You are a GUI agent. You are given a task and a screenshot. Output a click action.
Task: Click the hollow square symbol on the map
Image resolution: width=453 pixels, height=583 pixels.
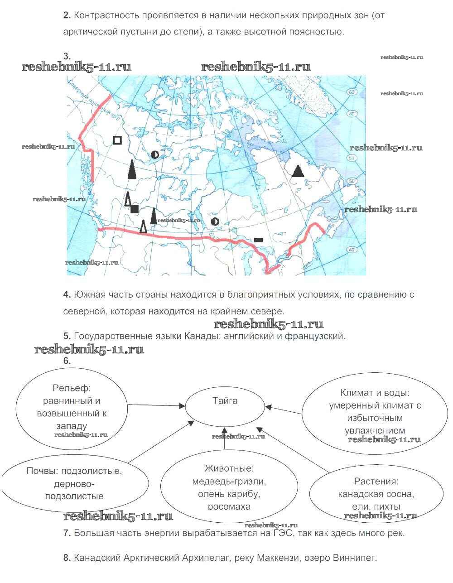pyautogui.click(x=117, y=140)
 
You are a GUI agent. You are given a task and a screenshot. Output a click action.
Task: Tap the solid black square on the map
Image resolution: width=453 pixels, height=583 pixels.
pyautogui.click(x=135, y=209)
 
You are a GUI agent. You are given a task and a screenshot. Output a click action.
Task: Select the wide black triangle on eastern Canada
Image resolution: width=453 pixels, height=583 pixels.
pyautogui.click(x=298, y=171)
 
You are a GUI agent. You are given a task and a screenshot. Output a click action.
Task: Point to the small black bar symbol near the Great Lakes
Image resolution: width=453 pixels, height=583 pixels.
pyautogui.click(x=259, y=239)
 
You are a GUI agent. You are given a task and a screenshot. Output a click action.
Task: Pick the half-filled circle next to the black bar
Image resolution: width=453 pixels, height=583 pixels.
pyautogui.click(x=215, y=222)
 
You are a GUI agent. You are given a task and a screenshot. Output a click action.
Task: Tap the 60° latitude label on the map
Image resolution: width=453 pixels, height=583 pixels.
pyautogui.click(x=352, y=92)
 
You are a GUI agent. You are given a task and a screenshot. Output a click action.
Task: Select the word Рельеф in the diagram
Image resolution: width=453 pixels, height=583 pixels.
pyautogui.click(x=72, y=388)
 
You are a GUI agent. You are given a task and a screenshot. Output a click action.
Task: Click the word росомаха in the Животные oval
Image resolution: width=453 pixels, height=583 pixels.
pyautogui.click(x=229, y=506)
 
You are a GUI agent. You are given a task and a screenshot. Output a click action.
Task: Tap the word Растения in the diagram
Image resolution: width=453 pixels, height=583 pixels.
pyautogui.click(x=376, y=482)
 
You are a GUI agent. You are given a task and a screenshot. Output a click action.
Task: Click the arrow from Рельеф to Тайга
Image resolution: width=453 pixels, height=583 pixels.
pyautogui.click(x=156, y=405)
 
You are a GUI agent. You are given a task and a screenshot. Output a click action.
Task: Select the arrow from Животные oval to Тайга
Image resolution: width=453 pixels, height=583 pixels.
pyautogui.click(x=224, y=438)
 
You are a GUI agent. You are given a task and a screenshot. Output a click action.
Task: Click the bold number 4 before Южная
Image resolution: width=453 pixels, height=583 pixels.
pyautogui.click(x=66, y=295)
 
